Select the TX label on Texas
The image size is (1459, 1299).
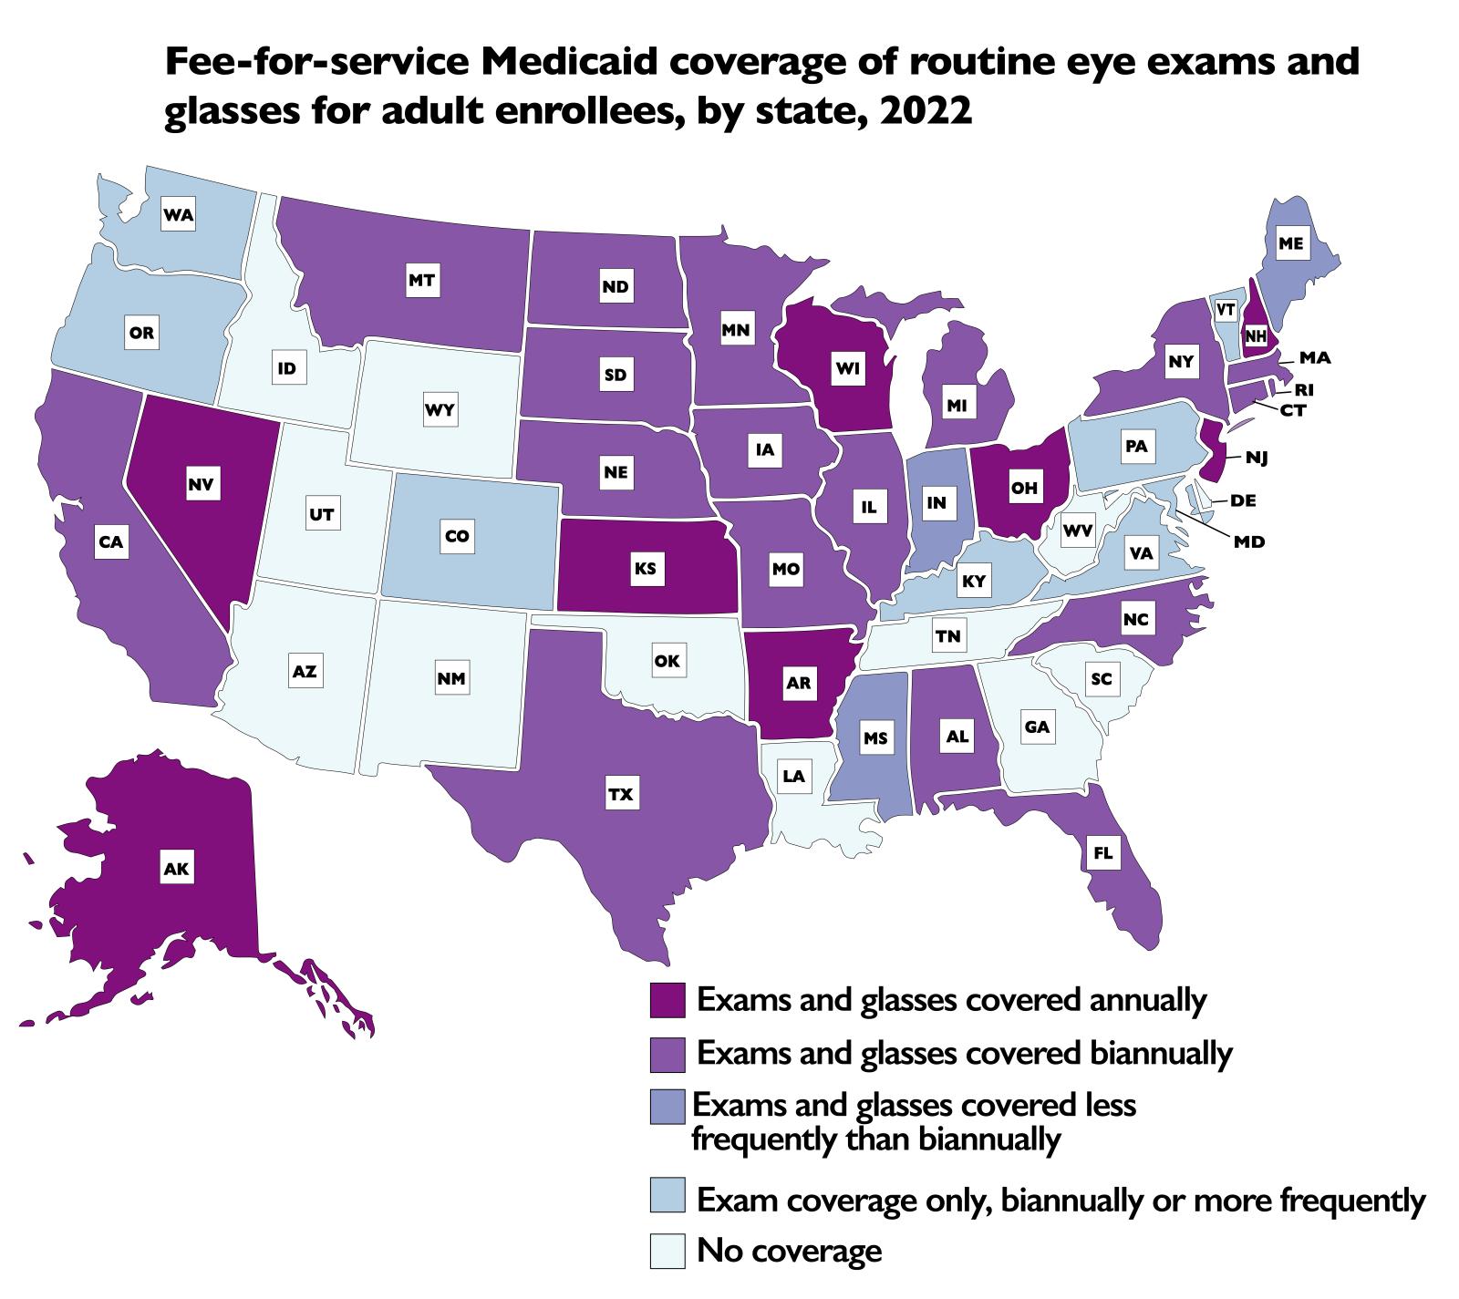click(620, 794)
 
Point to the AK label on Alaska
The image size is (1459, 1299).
click(176, 870)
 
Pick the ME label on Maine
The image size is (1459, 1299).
click(1290, 243)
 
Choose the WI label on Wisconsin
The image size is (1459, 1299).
click(843, 370)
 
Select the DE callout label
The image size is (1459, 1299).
click(1242, 500)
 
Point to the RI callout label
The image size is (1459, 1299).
click(1304, 390)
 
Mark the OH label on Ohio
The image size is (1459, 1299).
click(1025, 488)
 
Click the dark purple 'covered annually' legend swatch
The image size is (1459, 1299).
click(667, 1000)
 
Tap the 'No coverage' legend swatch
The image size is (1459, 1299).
click(667, 1250)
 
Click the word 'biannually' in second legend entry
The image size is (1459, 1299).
click(1162, 1054)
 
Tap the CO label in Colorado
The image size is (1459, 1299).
click(457, 537)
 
